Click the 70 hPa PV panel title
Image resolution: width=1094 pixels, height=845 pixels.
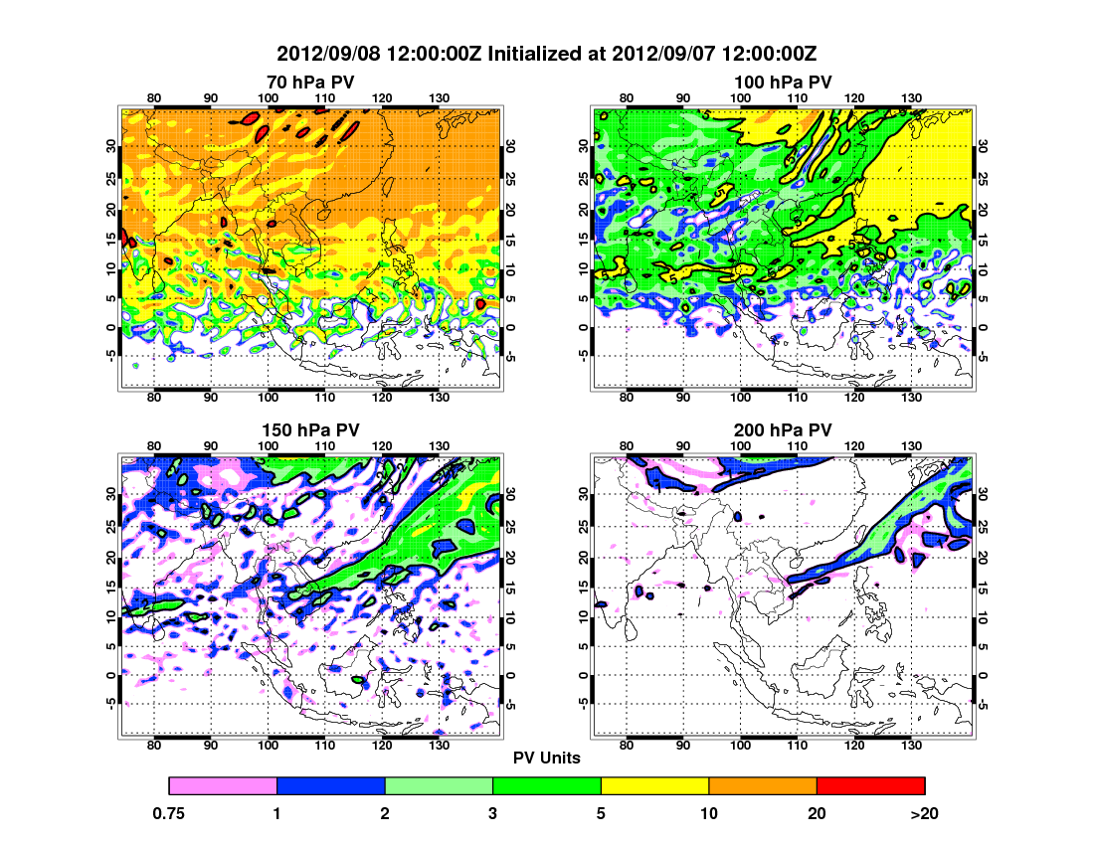click(310, 82)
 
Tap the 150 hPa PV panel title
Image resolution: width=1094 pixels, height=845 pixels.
click(310, 429)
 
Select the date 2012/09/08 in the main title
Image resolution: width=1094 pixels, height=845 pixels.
click(325, 53)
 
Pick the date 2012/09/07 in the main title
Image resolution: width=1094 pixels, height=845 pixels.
click(668, 53)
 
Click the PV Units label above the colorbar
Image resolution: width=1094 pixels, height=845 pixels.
click(547, 758)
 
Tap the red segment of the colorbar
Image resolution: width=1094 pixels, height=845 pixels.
click(870, 786)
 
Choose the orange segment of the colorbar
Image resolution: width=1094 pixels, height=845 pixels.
click(763, 786)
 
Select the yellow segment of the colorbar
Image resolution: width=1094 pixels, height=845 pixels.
click(654, 786)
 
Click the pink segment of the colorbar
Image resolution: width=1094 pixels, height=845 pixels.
click(223, 786)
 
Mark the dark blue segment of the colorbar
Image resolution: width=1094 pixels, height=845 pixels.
click(330, 786)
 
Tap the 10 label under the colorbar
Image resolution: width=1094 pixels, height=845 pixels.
click(709, 813)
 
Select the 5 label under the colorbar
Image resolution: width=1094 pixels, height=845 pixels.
click(601, 813)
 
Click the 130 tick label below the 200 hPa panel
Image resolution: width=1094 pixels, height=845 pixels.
click(909, 746)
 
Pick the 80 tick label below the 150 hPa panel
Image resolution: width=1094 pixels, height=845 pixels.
click(154, 746)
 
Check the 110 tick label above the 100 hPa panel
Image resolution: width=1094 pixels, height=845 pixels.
click(797, 97)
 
